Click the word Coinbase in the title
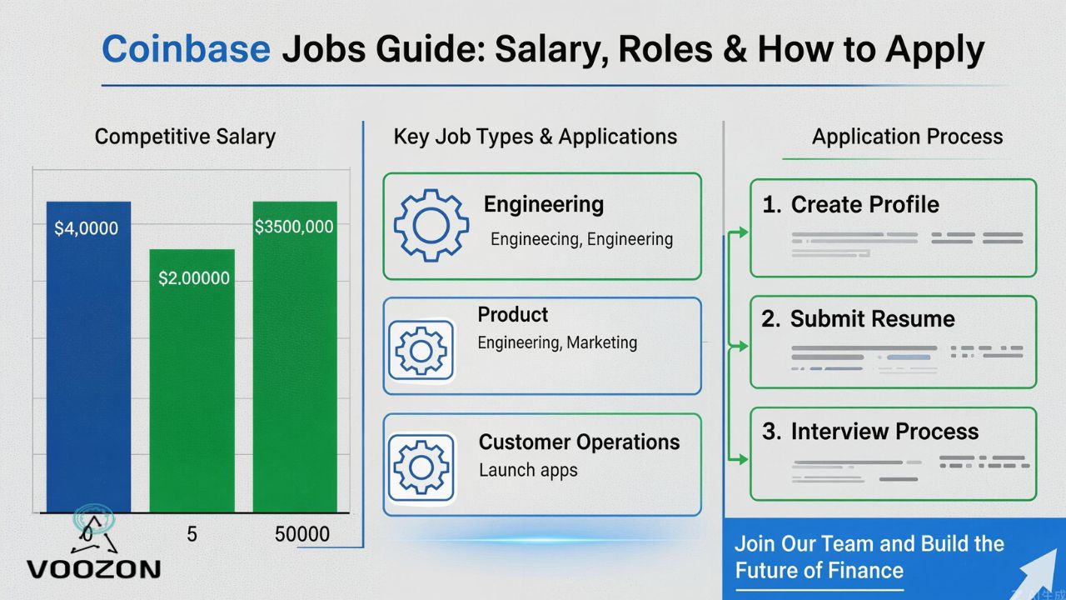click(x=186, y=50)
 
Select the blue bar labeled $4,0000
click(x=88, y=358)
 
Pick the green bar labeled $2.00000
click(x=192, y=383)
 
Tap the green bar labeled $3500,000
click(x=295, y=358)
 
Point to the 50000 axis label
click(x=301, y=534)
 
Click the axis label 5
click(x=192, y=534)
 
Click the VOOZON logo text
click(x=93, y=569)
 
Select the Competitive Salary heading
click(x=185, y=137)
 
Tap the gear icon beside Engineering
click(x=431, y=226)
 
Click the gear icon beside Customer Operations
click(x=421, y=466)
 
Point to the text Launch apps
click(x=528, y=470)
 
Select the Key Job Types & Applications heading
click(x=535, y=137)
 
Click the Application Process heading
click(x=907, y=137)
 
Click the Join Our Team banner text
click(x=869, y=557)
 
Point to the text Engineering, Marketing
click(x=557, y=342)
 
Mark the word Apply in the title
click(x=934, y=50)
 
